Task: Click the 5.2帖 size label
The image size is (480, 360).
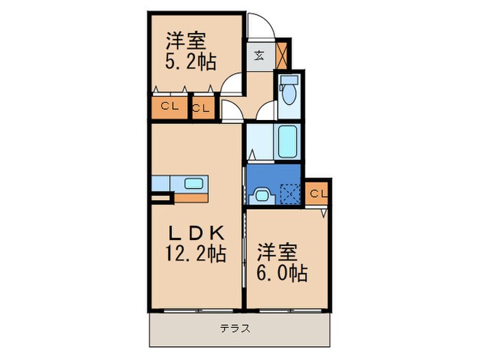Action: [x=190, y=62]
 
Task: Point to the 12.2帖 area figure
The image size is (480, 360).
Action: [x=195, y=254]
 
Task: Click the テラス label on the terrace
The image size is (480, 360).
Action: [x=235, y=328]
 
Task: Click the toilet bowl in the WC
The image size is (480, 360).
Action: [x=288, y=97]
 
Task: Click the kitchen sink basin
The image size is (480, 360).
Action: [x=194, y=183]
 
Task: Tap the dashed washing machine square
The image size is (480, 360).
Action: [x=291, y=195]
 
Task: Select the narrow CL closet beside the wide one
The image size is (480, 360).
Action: [x=202, y=108]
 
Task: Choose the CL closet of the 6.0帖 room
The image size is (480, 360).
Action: [x=317, y=193]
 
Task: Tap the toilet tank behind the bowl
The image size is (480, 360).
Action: [x=288, y=80]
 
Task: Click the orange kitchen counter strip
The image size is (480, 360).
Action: [x=185, y=196]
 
